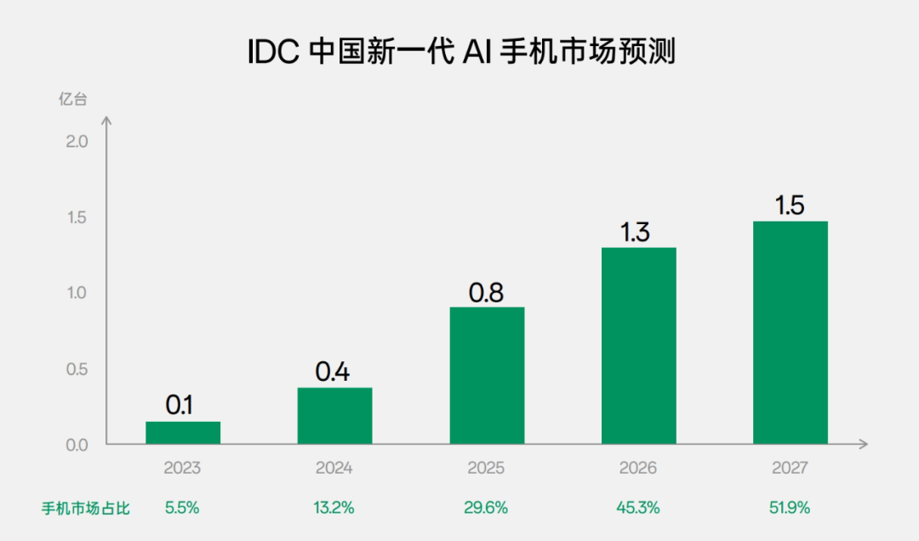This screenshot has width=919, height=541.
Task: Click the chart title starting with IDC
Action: pyautogui.click(x=460, y=53)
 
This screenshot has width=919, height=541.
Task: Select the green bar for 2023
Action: pyautogui.click(x=183, y=433)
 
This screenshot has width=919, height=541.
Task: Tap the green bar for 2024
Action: pyautogui.click(x=334, y=416)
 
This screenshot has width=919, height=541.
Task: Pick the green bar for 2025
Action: pyautogui.click(x=487, y=376)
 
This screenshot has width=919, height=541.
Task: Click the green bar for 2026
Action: pyautogui.click(x=638, y=346)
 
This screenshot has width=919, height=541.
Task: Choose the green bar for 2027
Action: pyautogui.click(x=791, y=333)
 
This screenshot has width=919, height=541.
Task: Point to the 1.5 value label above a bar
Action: pyautogui.click(x=790, y=205)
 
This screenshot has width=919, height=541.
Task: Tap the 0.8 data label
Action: pyautogui.click(x=487, y=292)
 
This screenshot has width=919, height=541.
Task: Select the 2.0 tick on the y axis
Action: pyautogui.click(x=77, y=141)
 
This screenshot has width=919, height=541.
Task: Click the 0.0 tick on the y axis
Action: pyautogui.click(x=77, y=445)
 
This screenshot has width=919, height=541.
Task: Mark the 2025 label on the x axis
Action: pyautogui.click(x=486, y=469)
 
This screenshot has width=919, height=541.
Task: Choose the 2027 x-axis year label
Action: pyautogui.click(x=790, y=469)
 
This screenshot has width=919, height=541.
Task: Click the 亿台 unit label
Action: pyautogui.click(x=73, y=99)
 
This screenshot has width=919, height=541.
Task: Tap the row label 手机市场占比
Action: pyautogui.click(x=86, y=509)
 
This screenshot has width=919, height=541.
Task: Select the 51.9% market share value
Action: pyautogui.click(x=790, y=508)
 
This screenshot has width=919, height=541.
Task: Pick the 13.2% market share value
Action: pyautogui.click(x=334, y=508)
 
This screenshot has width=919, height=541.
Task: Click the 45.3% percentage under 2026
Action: pyautogui.click(x=637, y=508)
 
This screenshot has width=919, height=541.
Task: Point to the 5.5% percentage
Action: pyautogui.click(x=182, y=508)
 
